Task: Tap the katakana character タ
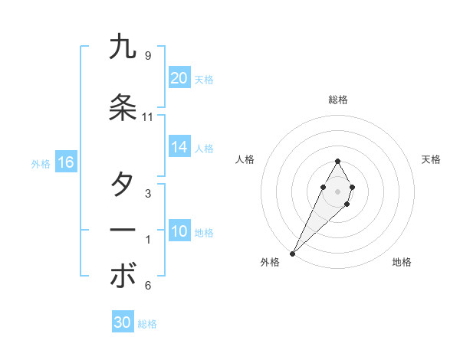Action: (123, 185)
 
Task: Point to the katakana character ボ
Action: (123, 277)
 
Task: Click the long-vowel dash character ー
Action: (123, 231)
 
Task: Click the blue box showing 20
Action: (179, 78)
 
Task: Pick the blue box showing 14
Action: (179, 148)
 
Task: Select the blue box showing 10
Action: (179, 232)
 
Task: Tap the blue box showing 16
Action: (66, 162)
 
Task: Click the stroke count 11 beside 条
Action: (148, 117)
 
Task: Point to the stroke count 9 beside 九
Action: (148, 55)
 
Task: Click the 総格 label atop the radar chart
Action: (338, 100)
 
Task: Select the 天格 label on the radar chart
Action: (432, 159)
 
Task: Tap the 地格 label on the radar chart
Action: (402, 262)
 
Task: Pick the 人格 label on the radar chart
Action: (245, 159)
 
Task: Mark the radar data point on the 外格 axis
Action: (292, 253)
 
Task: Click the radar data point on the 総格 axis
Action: (338, 162)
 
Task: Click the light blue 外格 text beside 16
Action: (41, 163)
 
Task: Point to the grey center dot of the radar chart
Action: (338, 190)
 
